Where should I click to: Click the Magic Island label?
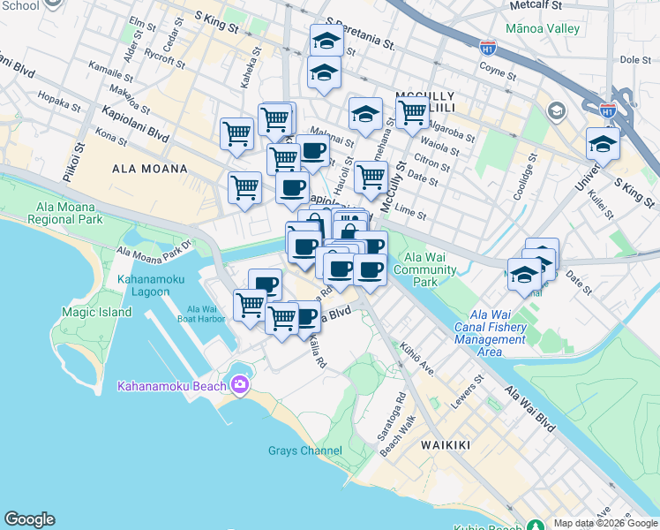pos(97,312)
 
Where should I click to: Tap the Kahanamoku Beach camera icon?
pos(239,384)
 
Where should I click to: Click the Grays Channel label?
pos(304,450)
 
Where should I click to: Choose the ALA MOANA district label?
pos(150,169)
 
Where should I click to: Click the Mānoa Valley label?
pos(544,28)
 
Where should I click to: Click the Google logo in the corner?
pos(29,519)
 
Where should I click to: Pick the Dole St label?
pos(634,60)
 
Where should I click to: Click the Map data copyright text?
pos(606,523)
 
